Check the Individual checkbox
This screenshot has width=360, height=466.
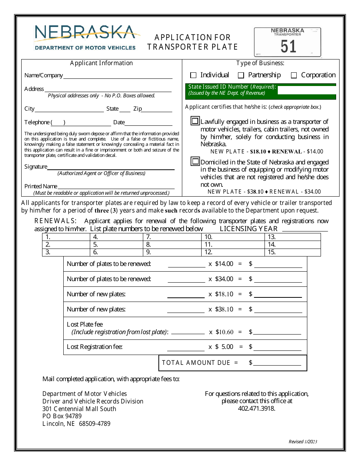(193, 75)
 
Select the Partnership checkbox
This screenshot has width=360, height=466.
(241, 75)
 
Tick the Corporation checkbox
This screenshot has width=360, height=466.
(294, 75)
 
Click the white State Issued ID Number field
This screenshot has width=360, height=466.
(307, 90)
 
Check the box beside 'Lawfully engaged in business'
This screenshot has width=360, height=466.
(195, 121)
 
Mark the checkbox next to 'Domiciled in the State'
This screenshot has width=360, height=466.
(195, 162)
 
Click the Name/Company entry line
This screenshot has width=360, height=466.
(117, 75)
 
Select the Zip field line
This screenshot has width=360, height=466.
(157, 109)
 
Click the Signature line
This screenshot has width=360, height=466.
(111, 167)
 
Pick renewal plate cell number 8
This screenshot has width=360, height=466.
(172, 245)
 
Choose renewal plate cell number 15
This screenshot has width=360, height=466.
(292, 252)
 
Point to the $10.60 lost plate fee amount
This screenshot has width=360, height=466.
(224, 332)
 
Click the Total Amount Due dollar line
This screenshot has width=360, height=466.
(277, 363)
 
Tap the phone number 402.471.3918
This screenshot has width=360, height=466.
(257, 408)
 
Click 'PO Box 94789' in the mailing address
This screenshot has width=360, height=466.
(62, 416)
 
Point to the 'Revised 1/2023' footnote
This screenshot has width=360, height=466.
(303, 441)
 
